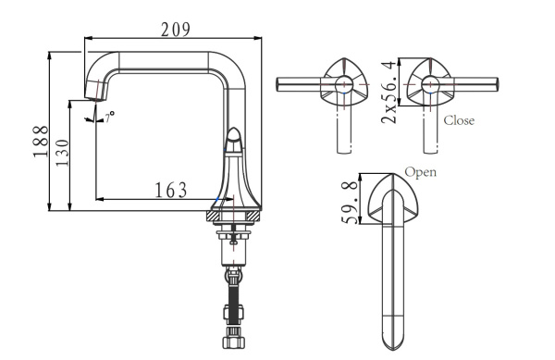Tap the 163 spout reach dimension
pos(170,190)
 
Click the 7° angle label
pos(109,118)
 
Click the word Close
pos(460,120)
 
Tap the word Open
pos(421,171)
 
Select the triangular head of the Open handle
pos(392,199)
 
